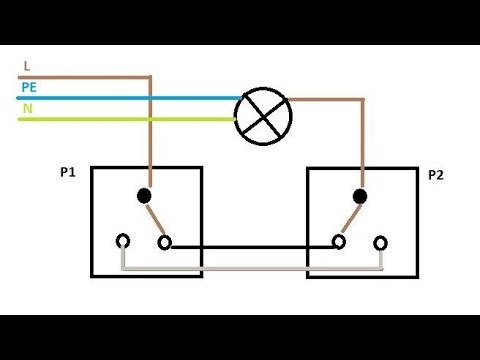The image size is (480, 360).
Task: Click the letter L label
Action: [25, 66]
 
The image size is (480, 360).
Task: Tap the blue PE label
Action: [28, 88]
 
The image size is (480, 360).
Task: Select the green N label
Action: [26, 108]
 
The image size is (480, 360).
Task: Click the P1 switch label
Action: [68, 172]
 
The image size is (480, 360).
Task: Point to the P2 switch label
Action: [435, 174]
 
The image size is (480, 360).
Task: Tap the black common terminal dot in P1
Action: [144, 196]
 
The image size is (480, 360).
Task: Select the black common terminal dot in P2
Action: [360, 196]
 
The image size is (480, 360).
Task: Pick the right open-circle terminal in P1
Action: [165, 242]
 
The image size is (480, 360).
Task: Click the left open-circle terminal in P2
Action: [339, 242]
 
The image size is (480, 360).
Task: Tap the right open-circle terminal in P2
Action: [381, 242]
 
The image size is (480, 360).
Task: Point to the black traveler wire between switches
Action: [250, 244]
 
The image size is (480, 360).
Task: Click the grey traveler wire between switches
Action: [250, 268]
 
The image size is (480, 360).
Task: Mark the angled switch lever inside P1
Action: [155, 220]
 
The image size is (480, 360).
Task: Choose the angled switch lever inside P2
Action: [350, 220]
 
